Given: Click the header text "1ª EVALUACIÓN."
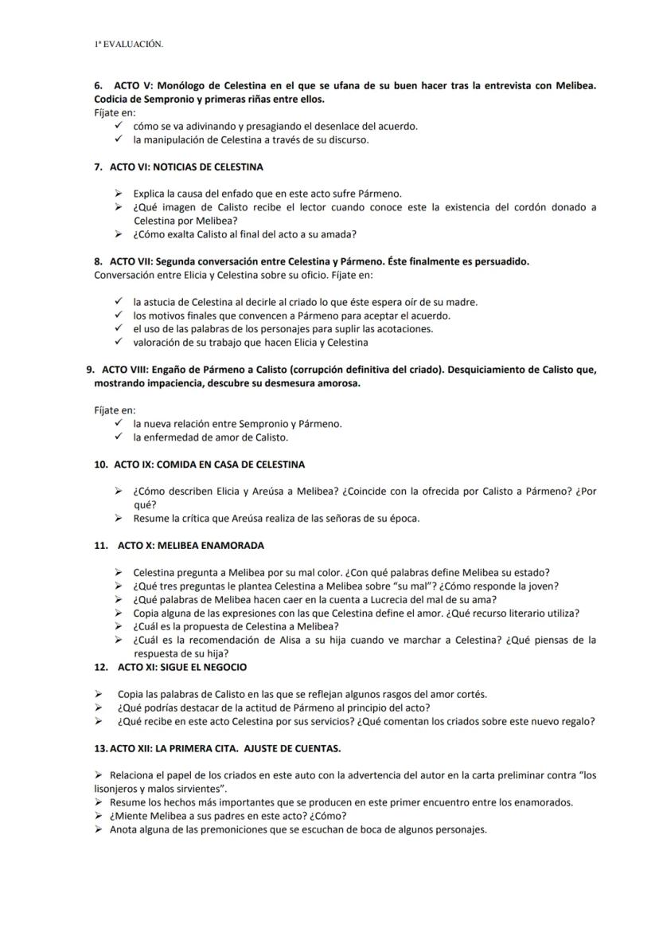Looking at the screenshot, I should [128, 45].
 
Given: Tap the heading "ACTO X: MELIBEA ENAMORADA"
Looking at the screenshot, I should [191, 546].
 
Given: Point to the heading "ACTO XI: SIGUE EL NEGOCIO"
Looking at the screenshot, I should [181, 667].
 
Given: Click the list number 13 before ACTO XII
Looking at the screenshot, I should [100, 748].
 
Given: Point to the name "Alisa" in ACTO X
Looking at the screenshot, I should [263, 641].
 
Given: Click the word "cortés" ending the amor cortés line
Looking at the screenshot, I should [470, 694].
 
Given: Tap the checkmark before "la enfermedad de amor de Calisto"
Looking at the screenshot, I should [118, 437].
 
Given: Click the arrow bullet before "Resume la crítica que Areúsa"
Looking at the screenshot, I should [118, 519].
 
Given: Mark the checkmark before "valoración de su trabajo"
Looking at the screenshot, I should [118, 343].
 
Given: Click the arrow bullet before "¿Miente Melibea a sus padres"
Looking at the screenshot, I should [98, 816].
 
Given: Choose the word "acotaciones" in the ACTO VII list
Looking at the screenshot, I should [404, 329].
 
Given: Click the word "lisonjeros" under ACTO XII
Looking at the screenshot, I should [116, 788].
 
